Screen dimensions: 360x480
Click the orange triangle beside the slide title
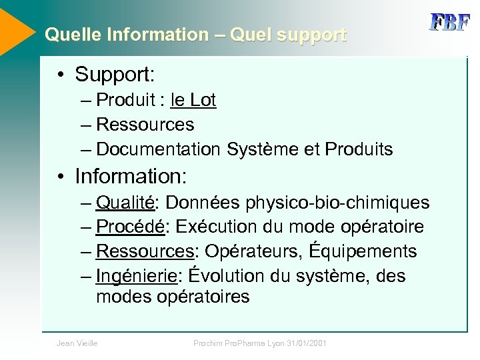[x=15, y=30]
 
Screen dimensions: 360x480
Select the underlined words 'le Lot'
[x=193, y=100]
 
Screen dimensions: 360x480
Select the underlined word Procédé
[x=130, y=227]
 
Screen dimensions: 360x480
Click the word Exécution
[x=215, y=227]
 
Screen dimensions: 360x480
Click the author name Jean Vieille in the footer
[x=77, y=343]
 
